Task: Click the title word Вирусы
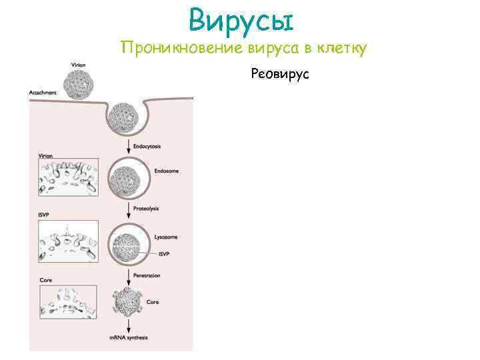pyautogui.click(x=240, y=19)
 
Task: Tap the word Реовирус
pyautogui.click(x=280, y=74)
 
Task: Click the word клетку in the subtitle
pyautogui.click(x=339, y=48)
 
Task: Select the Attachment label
pyautogui.click(x=43, y=93)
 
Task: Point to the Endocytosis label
pyautogui.click(x=147, y=145)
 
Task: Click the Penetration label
pyautogui.click(x=147, y=275)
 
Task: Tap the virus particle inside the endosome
pyautogui.click(x=127, y=178)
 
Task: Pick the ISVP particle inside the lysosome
pyautogui.click(x=127, y=243)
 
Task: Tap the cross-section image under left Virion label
pyautogui.click(x=69, y=177)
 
